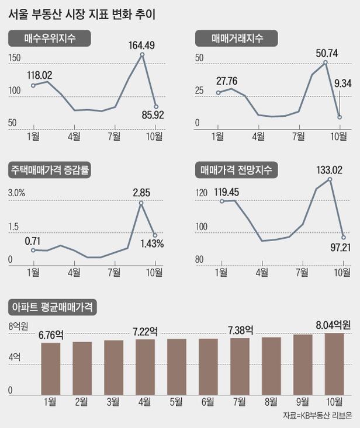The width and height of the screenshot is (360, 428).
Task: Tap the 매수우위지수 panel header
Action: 50,39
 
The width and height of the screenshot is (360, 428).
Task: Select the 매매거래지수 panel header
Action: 236,39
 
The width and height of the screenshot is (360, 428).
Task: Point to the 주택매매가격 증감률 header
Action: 53,170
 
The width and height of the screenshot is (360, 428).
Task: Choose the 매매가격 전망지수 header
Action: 236,170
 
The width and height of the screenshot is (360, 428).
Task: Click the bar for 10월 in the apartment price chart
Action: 334,363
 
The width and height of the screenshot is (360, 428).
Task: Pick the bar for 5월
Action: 176,366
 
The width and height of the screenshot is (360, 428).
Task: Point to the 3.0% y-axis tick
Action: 16,193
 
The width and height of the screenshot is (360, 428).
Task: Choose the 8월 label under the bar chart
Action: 271,401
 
